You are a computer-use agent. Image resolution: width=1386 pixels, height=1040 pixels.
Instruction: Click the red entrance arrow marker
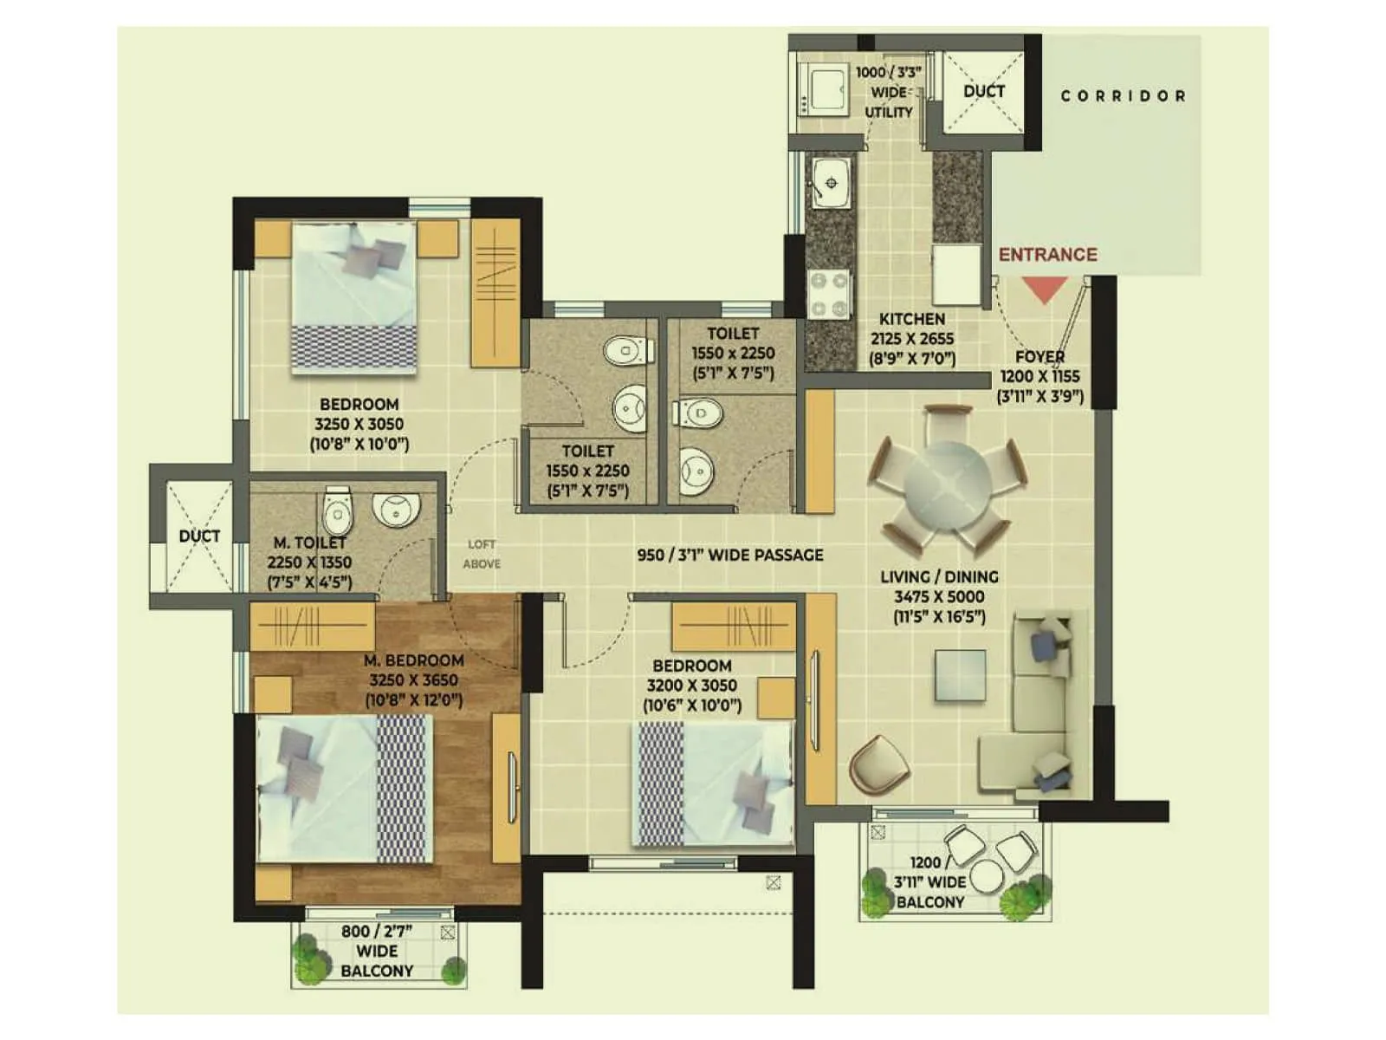click(1045, 289)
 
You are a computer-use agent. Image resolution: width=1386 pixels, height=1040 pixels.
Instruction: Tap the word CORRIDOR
click(1124, 96)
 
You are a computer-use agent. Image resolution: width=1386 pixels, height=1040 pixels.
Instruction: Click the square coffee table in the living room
click(960, 674)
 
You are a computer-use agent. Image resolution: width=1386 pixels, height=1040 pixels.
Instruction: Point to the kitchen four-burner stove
click(829, 295)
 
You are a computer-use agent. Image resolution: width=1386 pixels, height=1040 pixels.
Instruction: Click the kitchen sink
click(830, 184)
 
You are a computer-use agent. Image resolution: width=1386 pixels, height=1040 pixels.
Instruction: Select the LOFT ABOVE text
click(482, 554)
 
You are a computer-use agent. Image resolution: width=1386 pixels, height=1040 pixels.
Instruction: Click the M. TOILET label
click(310, 543)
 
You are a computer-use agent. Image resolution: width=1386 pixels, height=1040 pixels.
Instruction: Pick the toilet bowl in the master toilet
click(337, 511)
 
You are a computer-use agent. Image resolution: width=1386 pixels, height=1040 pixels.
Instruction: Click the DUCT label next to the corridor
click(984, 91)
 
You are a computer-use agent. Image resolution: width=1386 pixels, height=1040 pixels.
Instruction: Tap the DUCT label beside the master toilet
click(199, 536)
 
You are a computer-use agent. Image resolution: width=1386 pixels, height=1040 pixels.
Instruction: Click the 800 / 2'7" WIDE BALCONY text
click(377, 951)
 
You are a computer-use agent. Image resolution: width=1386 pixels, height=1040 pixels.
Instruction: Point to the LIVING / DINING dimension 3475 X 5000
click(939, 596)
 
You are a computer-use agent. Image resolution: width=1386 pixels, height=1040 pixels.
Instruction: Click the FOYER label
click(1039, 356)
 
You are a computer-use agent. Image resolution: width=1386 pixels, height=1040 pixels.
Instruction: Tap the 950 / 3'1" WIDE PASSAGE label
click(730, 555)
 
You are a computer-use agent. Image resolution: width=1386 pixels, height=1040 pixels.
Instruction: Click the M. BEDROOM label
click(413, 660)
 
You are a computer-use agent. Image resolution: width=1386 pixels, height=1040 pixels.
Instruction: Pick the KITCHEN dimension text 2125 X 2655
click(912, 339)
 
